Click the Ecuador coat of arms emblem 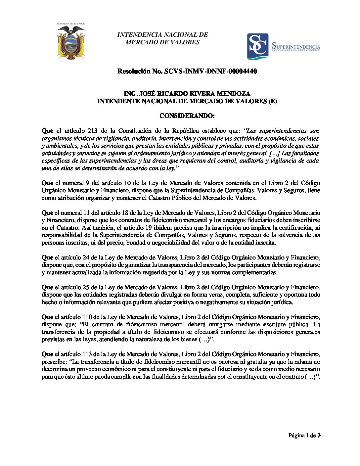coord(71,42)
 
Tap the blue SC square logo coord(258,46)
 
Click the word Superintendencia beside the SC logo coord(296,46)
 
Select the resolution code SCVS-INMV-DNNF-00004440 coord(210,71)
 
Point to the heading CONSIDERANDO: coord(187,116)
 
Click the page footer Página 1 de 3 coord(304,435)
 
